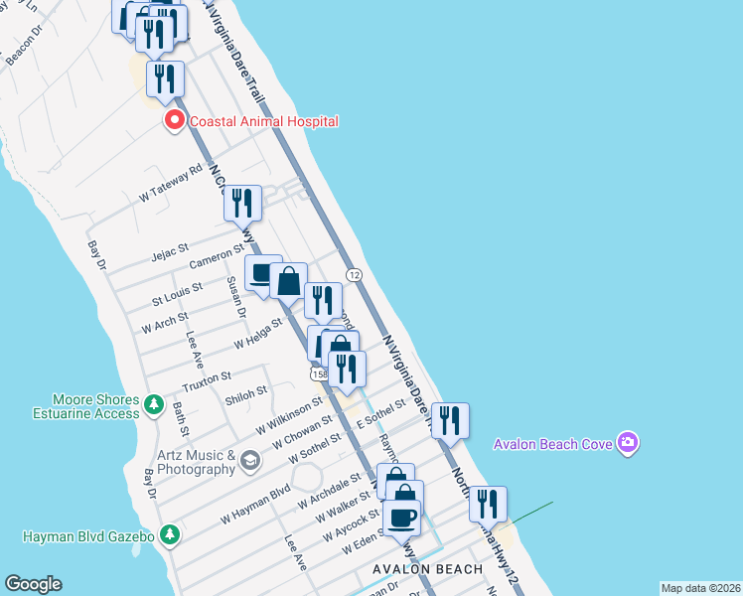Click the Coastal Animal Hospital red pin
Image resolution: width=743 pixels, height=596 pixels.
coord(175,121)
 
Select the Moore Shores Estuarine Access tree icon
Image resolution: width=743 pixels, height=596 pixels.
coord(153,404)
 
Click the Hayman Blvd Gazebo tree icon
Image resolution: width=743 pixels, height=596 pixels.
coord(170,535)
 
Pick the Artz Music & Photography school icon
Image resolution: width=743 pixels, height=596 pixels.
coord(249,460)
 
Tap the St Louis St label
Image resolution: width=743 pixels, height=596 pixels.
coord(177,294)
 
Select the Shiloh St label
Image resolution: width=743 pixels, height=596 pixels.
coord(246,392)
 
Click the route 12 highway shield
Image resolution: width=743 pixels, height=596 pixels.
coord(353,274)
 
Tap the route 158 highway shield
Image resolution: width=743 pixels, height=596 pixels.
coord(319,374)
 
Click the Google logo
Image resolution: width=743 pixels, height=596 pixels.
coord(33,584)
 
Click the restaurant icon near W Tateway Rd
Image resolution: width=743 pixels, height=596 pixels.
coord(242,203)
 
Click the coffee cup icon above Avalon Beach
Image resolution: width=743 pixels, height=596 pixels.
coord(402,517)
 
